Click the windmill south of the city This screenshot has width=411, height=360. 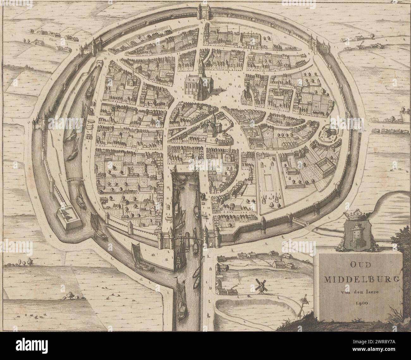(x=260, y=286)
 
